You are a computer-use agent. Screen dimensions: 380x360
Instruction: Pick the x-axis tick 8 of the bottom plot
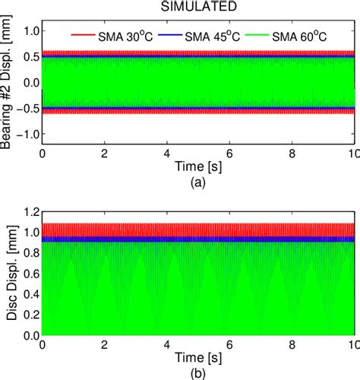[x=292, y=345]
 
